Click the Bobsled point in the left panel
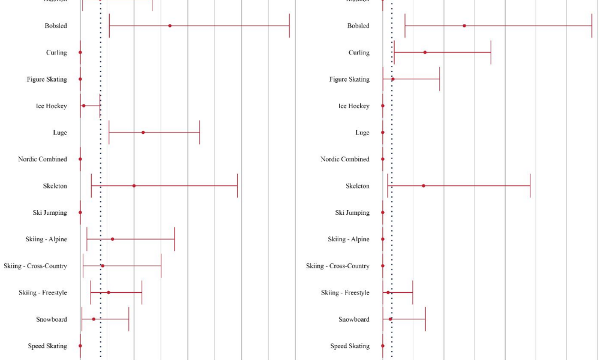[x=170, y=26]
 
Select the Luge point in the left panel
[x=143, y=133]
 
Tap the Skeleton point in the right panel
[x=424, y=186]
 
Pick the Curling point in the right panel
[x=425, y=53]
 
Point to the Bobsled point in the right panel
[x=464, y=26]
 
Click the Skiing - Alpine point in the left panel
[x=112, y=239]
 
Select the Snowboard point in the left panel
[x=94, y=319]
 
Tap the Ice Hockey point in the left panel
[x=83, y=106]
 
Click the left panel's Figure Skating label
[x=47, y=79]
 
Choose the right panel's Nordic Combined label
[x=345, y=160]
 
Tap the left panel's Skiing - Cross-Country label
[x=35, y=266]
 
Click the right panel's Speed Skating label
[x=350, y=346]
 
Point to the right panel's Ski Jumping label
[x=352, y=213]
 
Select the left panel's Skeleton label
[x=55, y=186]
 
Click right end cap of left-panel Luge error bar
[x=199, y=133]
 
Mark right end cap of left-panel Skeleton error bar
[x=238, y=186]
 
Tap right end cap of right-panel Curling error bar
[x=491, y=53]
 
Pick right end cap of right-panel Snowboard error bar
[x=425, y=319]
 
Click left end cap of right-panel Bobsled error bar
[x=405, y=26]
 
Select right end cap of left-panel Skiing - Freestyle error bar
[x=142, y=293]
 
